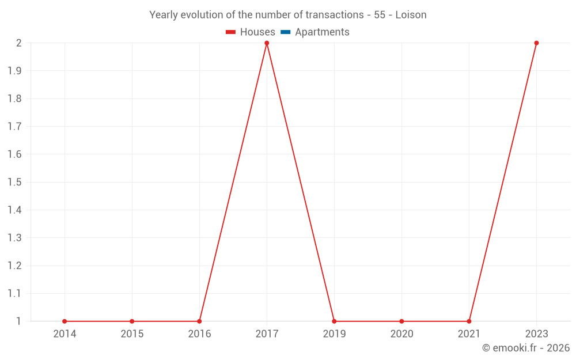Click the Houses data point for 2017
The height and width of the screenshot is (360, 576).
267,43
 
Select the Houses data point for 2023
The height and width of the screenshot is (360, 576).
536,43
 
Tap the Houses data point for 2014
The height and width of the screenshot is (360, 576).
65,321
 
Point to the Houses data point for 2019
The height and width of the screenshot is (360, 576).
334,321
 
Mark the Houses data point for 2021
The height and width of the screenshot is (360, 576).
469,321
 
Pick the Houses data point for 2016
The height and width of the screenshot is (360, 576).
199,321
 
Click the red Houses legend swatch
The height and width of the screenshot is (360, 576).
231,32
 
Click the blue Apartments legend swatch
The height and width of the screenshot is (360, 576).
286,32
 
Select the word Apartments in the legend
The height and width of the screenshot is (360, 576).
322,32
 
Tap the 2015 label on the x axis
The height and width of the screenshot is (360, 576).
132,334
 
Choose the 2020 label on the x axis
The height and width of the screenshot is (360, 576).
401,334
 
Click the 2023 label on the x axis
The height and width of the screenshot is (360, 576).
536,334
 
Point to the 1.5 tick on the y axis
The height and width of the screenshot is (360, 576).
14,182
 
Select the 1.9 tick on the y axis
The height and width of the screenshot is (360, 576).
14,71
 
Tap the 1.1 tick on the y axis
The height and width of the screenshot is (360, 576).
14,294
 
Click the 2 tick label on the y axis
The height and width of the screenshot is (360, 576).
18,43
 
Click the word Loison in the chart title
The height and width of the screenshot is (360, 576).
411,15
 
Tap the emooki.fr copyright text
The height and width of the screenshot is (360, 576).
526,348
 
